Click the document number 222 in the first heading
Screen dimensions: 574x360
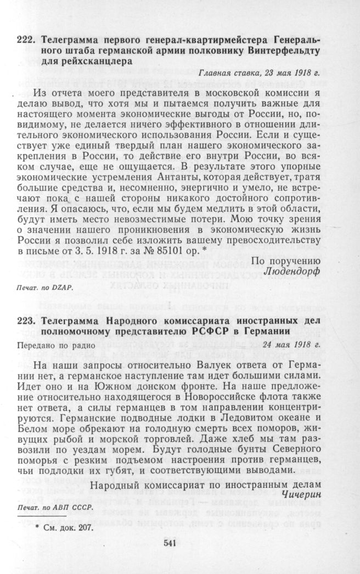pyautogui.click(x=25, y=40)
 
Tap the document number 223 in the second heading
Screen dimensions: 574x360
pyautogui.click(x=25, y=321)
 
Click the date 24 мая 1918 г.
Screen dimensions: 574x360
pyautogui.click(x=291, y=345)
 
